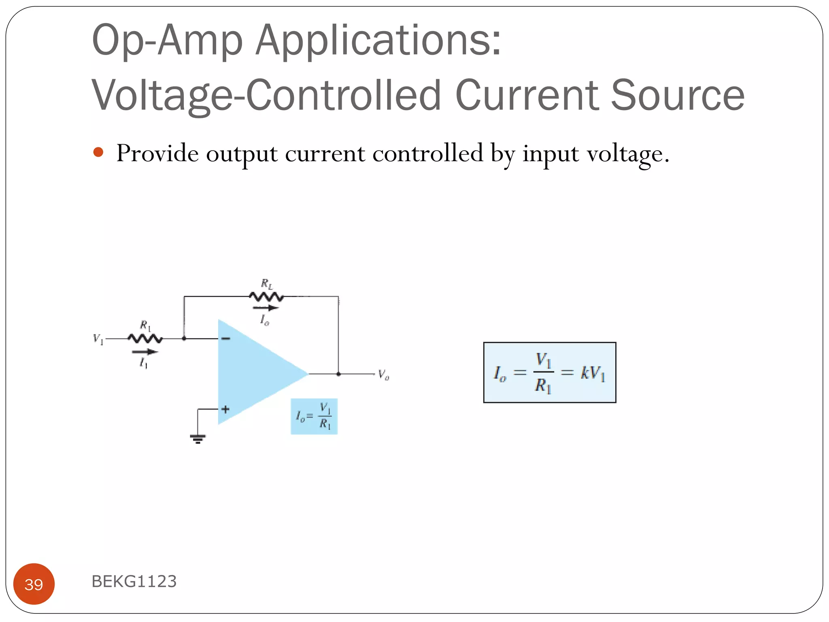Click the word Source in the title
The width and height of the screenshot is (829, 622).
(x=677, y=96)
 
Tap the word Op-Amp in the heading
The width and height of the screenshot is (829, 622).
(x=167, y=40)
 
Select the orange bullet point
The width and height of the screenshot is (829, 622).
(x=98, y=153)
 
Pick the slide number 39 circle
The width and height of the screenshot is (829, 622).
(x=34, y=584)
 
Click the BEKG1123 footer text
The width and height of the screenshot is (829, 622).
(x=134, y=581)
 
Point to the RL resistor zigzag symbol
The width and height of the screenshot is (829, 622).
(x=266, y=297)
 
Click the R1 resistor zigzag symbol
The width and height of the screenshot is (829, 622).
(x=145, y=338)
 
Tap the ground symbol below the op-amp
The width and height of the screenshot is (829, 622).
(x=198, y=438)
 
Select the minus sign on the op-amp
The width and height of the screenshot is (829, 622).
(x=226, y=338)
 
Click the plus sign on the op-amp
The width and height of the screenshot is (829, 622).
(x=225, y=409)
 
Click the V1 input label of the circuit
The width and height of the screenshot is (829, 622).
(x=98, y=339)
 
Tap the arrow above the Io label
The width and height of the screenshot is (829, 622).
(x=266, y=308)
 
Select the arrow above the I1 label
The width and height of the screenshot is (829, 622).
(x=145, y=351)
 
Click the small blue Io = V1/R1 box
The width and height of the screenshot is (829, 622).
(x=314, y=416)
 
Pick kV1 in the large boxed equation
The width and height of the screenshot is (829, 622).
(x=593, y=373)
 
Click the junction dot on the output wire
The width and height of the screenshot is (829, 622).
(x=338, y=374)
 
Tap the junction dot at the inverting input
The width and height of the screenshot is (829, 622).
(x=184, y=338)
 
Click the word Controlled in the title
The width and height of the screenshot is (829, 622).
(x=343, y=96)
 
